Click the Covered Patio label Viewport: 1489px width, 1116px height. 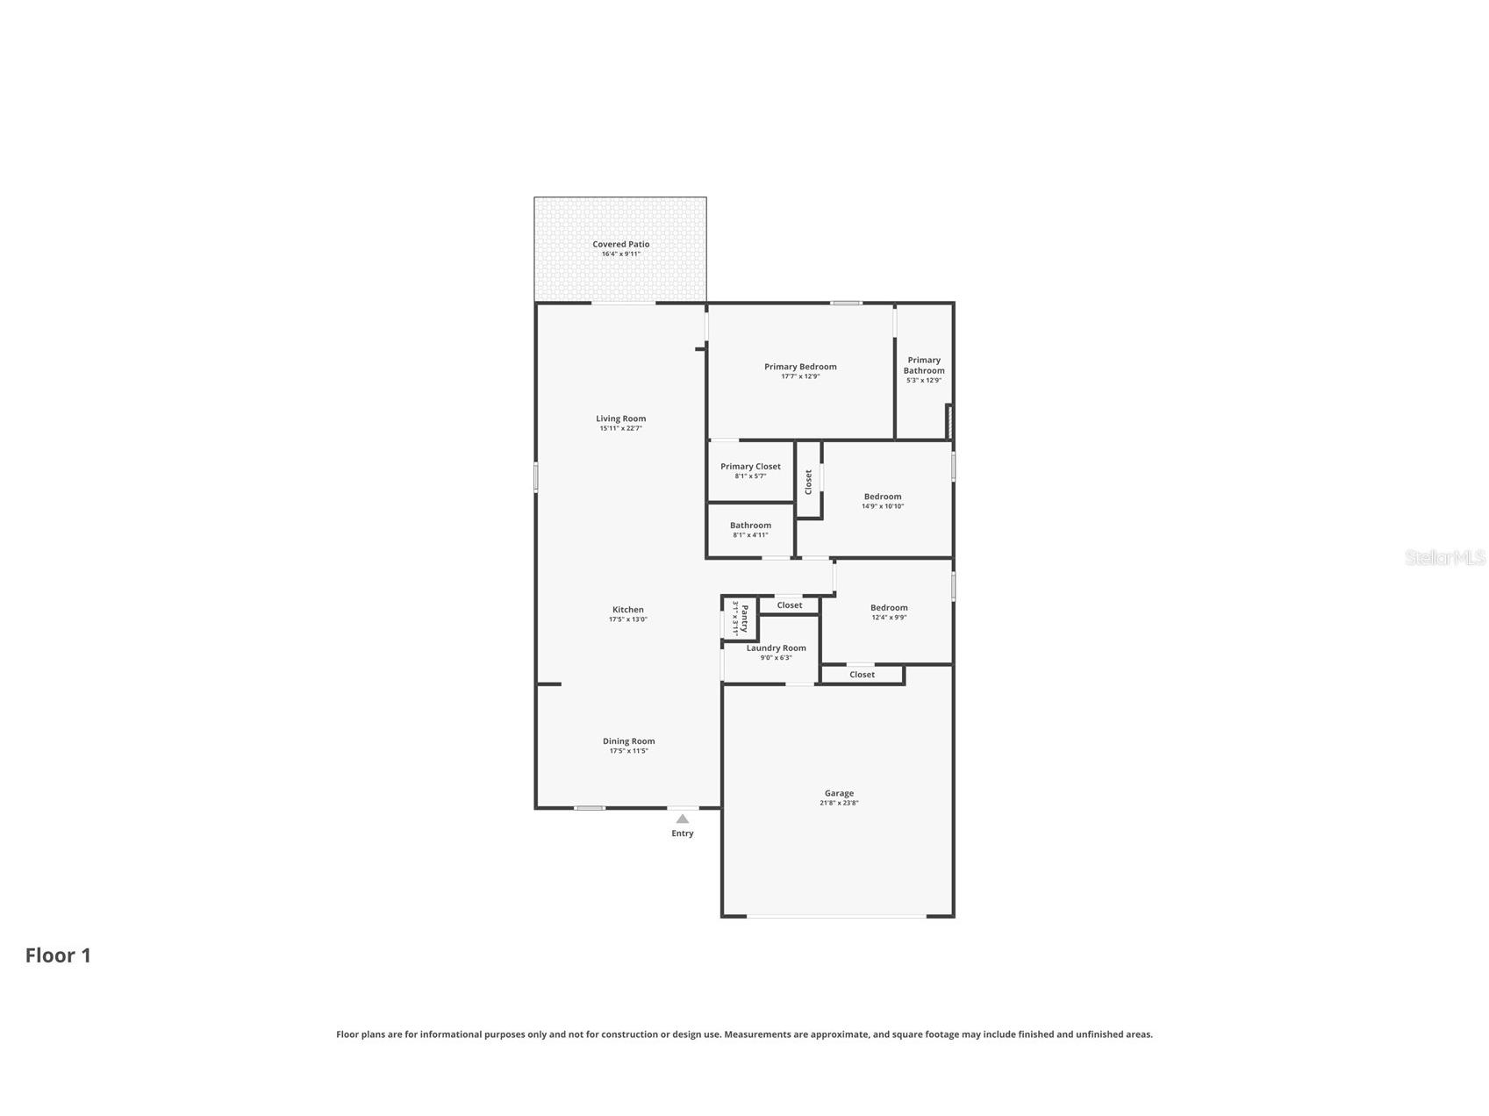[620, 244]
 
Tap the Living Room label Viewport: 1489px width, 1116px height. [620, 418]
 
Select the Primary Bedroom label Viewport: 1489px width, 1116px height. [800, 367]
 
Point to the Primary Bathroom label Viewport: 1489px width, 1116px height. [924, 365]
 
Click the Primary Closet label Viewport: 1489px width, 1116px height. [750, 467]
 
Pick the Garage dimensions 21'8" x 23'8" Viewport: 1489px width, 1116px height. [839, 803]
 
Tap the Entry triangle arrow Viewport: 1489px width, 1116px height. [683, 819]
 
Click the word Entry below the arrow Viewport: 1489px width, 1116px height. [683, 833]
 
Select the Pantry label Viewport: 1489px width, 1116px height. [745, 619]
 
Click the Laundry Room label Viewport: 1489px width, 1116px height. [776, 648]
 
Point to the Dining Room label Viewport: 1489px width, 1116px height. [628, 741]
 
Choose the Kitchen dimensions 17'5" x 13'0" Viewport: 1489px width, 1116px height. [628, 619]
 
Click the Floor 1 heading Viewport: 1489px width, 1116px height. [58, 955]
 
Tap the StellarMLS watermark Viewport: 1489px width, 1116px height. [1445, 557]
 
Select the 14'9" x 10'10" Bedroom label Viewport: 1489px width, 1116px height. [883, 497]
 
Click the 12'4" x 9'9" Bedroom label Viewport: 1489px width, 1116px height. [889, 608]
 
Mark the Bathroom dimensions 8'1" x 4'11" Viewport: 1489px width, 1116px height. [750, 535]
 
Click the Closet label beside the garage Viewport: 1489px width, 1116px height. [862, 675]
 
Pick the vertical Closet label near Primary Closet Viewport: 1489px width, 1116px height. [808, 482]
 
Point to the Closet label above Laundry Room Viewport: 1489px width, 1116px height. [789, 605]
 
